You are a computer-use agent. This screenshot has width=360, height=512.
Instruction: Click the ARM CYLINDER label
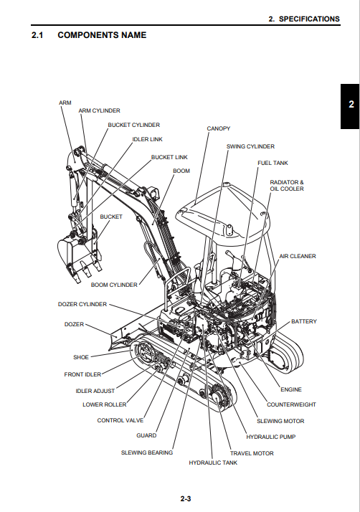click(x=99, y=110)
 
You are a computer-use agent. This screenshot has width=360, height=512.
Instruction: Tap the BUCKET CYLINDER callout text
click(x=134, y=125)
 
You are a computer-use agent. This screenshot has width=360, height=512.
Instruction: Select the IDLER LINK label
click(x=147, y=139)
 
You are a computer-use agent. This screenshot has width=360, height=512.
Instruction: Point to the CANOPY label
click(x=219, y=128)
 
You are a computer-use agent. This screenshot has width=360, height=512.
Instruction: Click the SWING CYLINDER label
click(x=250, y=146)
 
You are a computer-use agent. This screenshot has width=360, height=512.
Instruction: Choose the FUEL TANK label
click(x=273, y=163)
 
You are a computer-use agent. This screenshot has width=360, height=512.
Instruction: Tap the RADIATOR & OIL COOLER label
click(x=287, y=186)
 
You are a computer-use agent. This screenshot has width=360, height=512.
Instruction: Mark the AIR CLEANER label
click(x=298, y=256)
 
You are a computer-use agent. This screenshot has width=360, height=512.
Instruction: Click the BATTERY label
click(x=304, y=322)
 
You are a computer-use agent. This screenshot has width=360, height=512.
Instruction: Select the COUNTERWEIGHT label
click(x=291, y=405)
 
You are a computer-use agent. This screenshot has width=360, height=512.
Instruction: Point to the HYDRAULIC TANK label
click(x=213, y=463)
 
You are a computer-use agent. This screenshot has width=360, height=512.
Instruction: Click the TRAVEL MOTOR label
click(x=252, y=453)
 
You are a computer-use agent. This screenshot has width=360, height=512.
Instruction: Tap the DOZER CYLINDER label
click(x=82, y=304)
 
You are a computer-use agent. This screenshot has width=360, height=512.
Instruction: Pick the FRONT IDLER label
click(x=82, y=374)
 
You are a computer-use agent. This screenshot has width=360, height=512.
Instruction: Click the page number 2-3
click(x=186, y=499)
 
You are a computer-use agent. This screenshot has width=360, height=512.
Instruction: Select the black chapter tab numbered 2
click(x=350, y=106)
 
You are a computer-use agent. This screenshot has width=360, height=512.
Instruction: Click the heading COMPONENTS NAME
click(x=102, y=35)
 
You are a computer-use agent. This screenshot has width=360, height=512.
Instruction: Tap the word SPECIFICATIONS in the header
click(x=309, y=19)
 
